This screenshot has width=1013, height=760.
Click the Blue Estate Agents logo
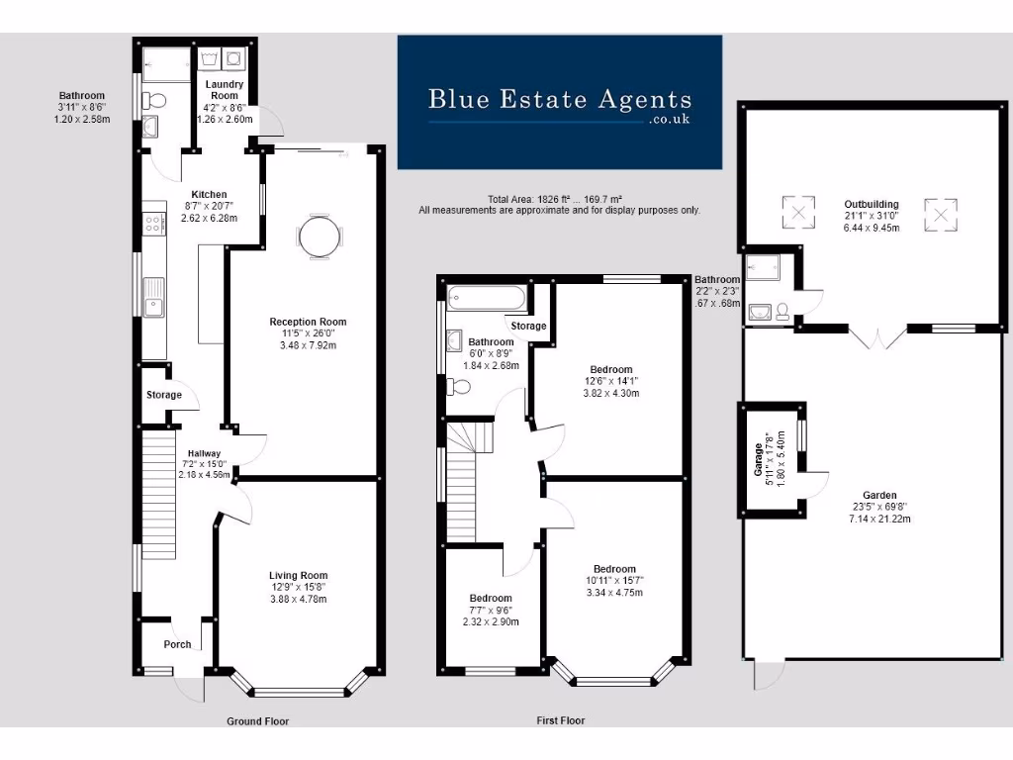[x=559, y=102]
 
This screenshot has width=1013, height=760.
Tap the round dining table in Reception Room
[x=318, y=237]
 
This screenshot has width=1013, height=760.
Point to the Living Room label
[x=298, y=575]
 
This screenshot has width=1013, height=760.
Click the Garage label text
[x=759, y=459]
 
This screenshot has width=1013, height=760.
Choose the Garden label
[x=874, y=496]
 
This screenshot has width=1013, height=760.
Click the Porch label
[x=177, y=644]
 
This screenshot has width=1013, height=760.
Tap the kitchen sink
[x=153, y=298]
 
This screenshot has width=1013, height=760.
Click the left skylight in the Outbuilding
[x=797, y=210]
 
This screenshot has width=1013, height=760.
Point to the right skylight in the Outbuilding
[x=941, y=213]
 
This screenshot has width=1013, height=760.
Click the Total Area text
[x=559, y=199]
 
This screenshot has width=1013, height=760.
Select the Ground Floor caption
[x=257, y=721]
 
